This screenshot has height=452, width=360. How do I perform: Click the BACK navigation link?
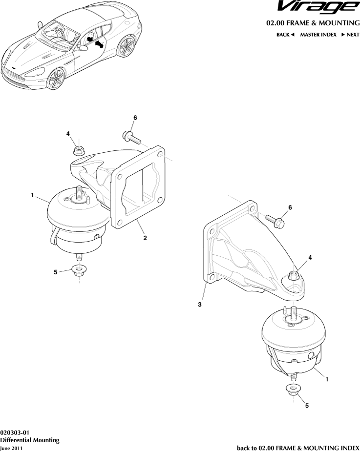tap(285, 35)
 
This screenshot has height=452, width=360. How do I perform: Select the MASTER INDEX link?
tap(318, 35)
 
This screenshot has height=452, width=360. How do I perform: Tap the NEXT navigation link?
tap(350, 35)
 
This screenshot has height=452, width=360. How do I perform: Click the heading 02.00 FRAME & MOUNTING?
tap(312, 23)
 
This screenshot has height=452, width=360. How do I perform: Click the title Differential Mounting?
tap(30, 440)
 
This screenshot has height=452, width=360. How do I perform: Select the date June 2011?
tap(11, 448)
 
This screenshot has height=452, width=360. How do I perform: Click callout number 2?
tap(145, 239)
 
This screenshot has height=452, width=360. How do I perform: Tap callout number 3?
tap(199, 304)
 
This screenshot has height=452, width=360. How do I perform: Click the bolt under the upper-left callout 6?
tap(132, 138)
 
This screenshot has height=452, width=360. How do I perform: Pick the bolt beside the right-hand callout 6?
tap(276, 220)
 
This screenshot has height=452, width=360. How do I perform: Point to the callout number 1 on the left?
tap(32, 196)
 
